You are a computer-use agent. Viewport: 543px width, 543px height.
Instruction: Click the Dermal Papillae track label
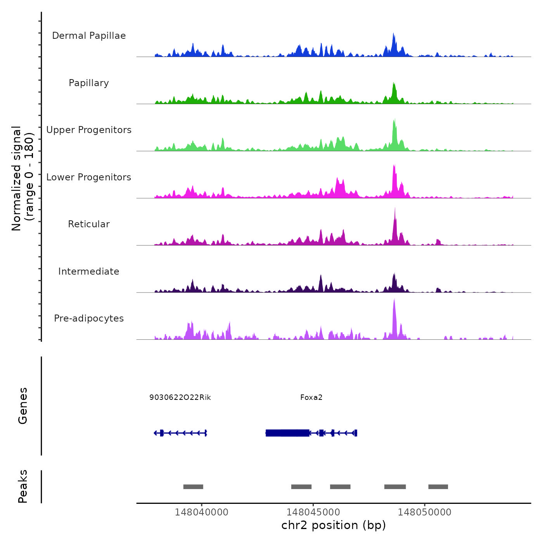(x=89, y=36)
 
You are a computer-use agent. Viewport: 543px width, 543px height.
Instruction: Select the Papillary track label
(x=89, y=83)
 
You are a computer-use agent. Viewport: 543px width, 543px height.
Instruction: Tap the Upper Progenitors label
(x=89, y=130)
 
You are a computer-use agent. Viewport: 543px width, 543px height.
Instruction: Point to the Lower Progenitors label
(x=89, y=177)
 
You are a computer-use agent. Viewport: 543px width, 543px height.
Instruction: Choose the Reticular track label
(x=89, y=224)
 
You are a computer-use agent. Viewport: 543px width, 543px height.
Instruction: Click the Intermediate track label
(x=89, y=271)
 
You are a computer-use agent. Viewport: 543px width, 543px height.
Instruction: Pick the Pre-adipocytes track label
(x=89, y=318)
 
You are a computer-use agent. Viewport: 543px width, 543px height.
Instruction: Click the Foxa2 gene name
(x=311, y=398)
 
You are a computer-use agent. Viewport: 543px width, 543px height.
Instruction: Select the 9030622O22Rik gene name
(x=180, y=398)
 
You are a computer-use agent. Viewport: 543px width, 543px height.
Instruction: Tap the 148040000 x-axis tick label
(x=202, y=512)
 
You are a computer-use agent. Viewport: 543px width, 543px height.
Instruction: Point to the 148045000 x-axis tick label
(x=313, y=512)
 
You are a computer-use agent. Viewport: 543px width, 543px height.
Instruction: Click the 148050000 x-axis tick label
(x=425, y=512)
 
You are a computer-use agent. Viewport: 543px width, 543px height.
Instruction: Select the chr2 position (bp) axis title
(x=334, y=525)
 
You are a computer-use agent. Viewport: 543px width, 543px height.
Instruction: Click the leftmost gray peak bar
(x=193, y=487)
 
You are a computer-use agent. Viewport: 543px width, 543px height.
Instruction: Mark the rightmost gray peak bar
(x=438, y=487)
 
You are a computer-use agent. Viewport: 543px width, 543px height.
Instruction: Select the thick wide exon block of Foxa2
(x=287, y=433)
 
